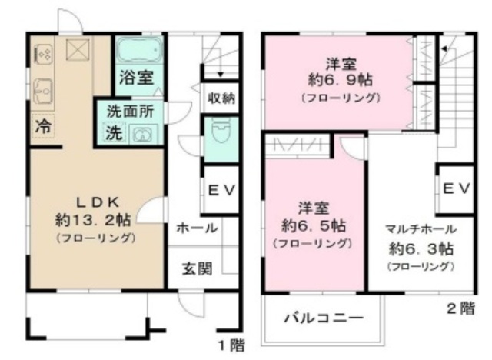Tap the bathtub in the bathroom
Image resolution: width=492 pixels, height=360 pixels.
139,52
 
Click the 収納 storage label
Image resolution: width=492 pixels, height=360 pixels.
221,98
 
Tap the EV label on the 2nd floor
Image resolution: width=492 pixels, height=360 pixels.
457,189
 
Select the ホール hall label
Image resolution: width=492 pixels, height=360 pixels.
196,228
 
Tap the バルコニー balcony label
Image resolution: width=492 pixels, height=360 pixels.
323,317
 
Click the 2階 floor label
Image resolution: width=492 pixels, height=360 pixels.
461,309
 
